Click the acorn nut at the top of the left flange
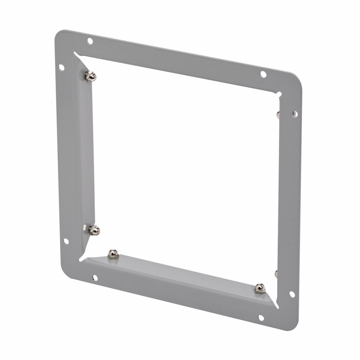(x=91, y=76)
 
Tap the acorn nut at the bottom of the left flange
(x=94, y=230)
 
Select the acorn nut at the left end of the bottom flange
(x=113, y=254)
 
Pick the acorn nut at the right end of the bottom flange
(x=260, y=288)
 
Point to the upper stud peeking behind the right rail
(x=278, y=114)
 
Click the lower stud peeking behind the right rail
(x=276, y=274)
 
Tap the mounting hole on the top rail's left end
(x=90, y=41)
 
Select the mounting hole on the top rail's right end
(x=263, y=74)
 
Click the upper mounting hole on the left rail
(x=62, y=67)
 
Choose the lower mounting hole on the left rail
(x=66, y=241)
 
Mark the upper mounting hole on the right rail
(x=294, y=114)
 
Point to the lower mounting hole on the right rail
(x=292, y=294)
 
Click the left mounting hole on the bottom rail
(x=95, y=278)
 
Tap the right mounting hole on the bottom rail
(x=261, y=318)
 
